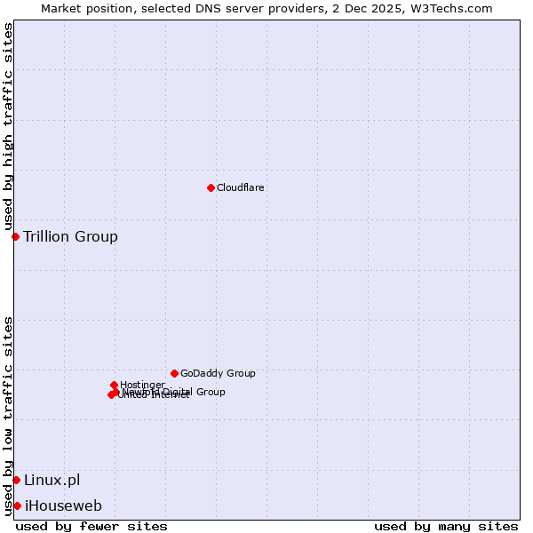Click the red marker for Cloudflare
(211, 187)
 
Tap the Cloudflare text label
(241, 187)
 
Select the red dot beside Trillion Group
(15, 236)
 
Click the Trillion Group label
(70, 236)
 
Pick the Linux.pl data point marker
(16, 481)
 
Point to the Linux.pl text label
(52, 481)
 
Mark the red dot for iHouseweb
(17, 506)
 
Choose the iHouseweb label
(63, 506)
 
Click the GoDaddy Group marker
(174, 373)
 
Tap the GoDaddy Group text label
(218, 373)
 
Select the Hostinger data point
(114, 385)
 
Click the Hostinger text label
(142, 385)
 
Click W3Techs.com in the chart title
(453, 8)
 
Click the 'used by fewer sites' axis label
(91, 526)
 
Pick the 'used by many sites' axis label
(446, 526)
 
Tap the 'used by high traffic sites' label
(8, 127)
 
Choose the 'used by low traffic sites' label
(8, 415)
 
